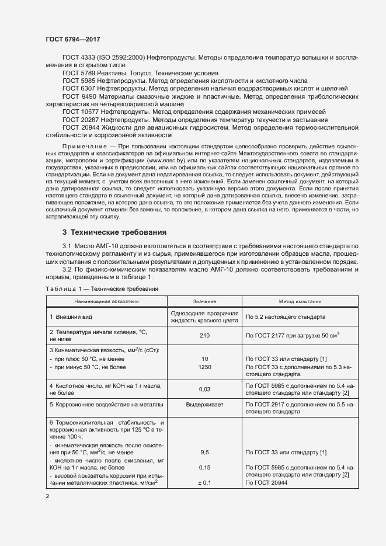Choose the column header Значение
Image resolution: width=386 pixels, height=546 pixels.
coord(205,301)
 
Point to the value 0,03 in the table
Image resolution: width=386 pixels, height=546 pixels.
coord(205,388)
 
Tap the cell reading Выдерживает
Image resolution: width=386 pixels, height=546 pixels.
coord(205,404)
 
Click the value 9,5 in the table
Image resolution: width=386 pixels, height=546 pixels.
coord(205,452)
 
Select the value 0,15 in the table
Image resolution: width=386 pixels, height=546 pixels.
coord(205,468)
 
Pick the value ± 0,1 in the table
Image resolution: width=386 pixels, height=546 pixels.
coord(205,483)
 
